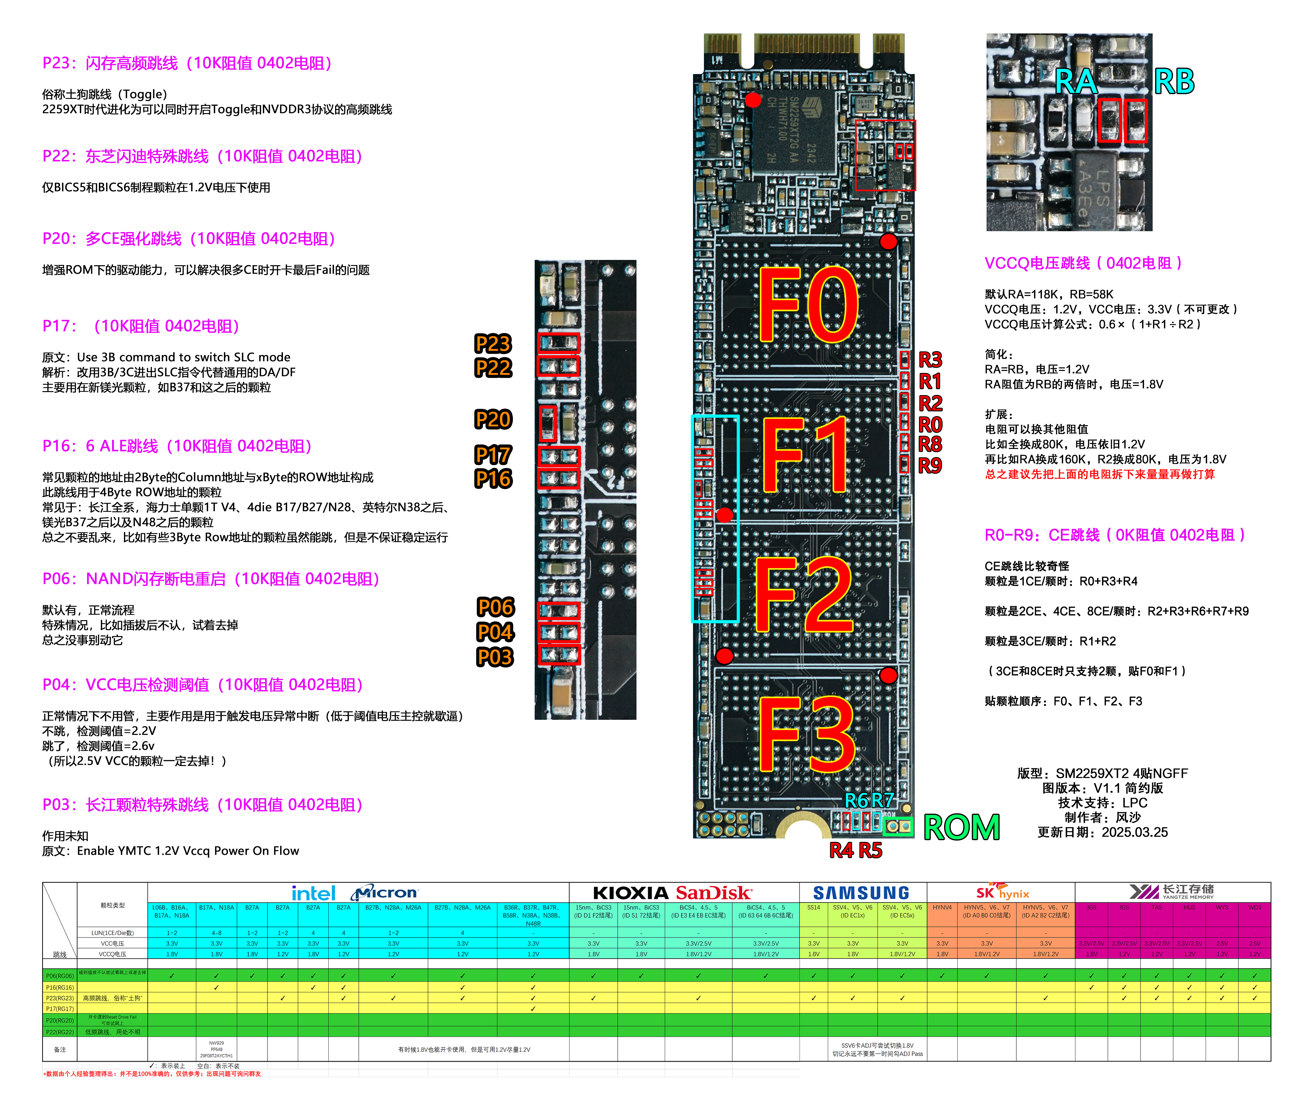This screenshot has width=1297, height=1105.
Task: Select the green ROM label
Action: [962, 828]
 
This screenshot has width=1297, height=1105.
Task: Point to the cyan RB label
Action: [1174, 82]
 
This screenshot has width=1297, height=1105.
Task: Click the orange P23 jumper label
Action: [493, 344]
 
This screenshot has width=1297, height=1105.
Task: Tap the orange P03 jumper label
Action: [494, 657]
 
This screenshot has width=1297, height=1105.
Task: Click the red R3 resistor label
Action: [930, 360]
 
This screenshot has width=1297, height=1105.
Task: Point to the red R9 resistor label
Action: [930, 466]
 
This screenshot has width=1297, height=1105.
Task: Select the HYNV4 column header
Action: [942, 907]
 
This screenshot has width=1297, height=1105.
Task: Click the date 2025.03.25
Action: [1134, 832]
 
